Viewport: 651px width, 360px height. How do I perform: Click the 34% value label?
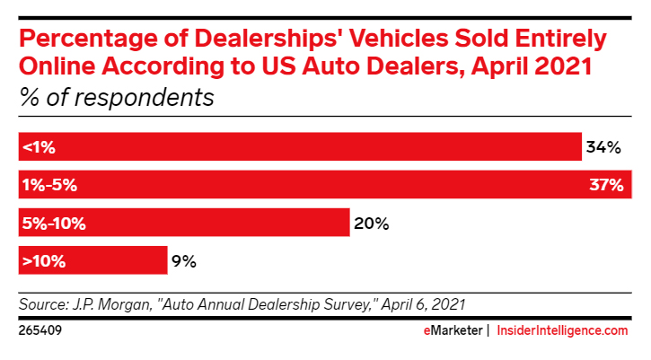[x=603, y=147]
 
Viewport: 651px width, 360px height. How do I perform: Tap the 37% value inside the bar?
[x=606, y=185]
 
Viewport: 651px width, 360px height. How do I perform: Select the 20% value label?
[x=371, y=224]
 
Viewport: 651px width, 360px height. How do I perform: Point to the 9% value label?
[x=183, y=261]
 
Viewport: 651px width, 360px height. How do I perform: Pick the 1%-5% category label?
[x=48, y=185]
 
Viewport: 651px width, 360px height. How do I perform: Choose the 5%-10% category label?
[x=54, y=224]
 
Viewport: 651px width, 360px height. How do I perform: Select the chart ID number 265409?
[x=40, y=330]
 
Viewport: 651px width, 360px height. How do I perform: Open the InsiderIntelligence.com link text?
[x=562, y=330]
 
